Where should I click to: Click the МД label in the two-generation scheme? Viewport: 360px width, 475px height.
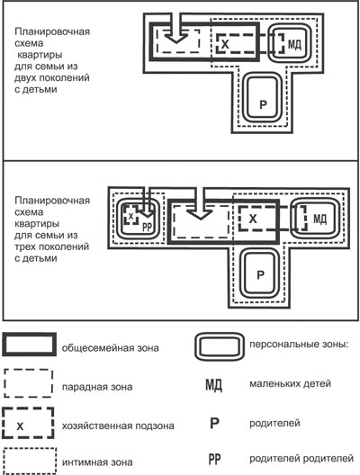point(294,45)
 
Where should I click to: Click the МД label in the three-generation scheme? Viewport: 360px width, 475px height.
point(319,219)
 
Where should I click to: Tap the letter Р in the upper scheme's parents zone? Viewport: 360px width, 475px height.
point(264,104)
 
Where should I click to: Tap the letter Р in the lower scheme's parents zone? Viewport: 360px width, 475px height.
point(260,274)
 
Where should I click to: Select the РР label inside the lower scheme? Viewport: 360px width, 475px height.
point(147,227)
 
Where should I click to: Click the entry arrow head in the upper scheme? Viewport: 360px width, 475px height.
point(176,39)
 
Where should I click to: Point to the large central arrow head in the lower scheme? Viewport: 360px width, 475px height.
point(200,213)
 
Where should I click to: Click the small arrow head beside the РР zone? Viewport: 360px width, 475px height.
point(147,213)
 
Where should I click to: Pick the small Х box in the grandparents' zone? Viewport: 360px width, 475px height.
point(130,215)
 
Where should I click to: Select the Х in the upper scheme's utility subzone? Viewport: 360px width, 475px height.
point(225,45)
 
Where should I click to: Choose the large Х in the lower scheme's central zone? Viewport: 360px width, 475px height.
point(253,219)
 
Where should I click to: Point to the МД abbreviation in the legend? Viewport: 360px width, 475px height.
point(213,385)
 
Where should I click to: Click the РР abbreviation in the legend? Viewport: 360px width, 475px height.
point(214,459)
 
